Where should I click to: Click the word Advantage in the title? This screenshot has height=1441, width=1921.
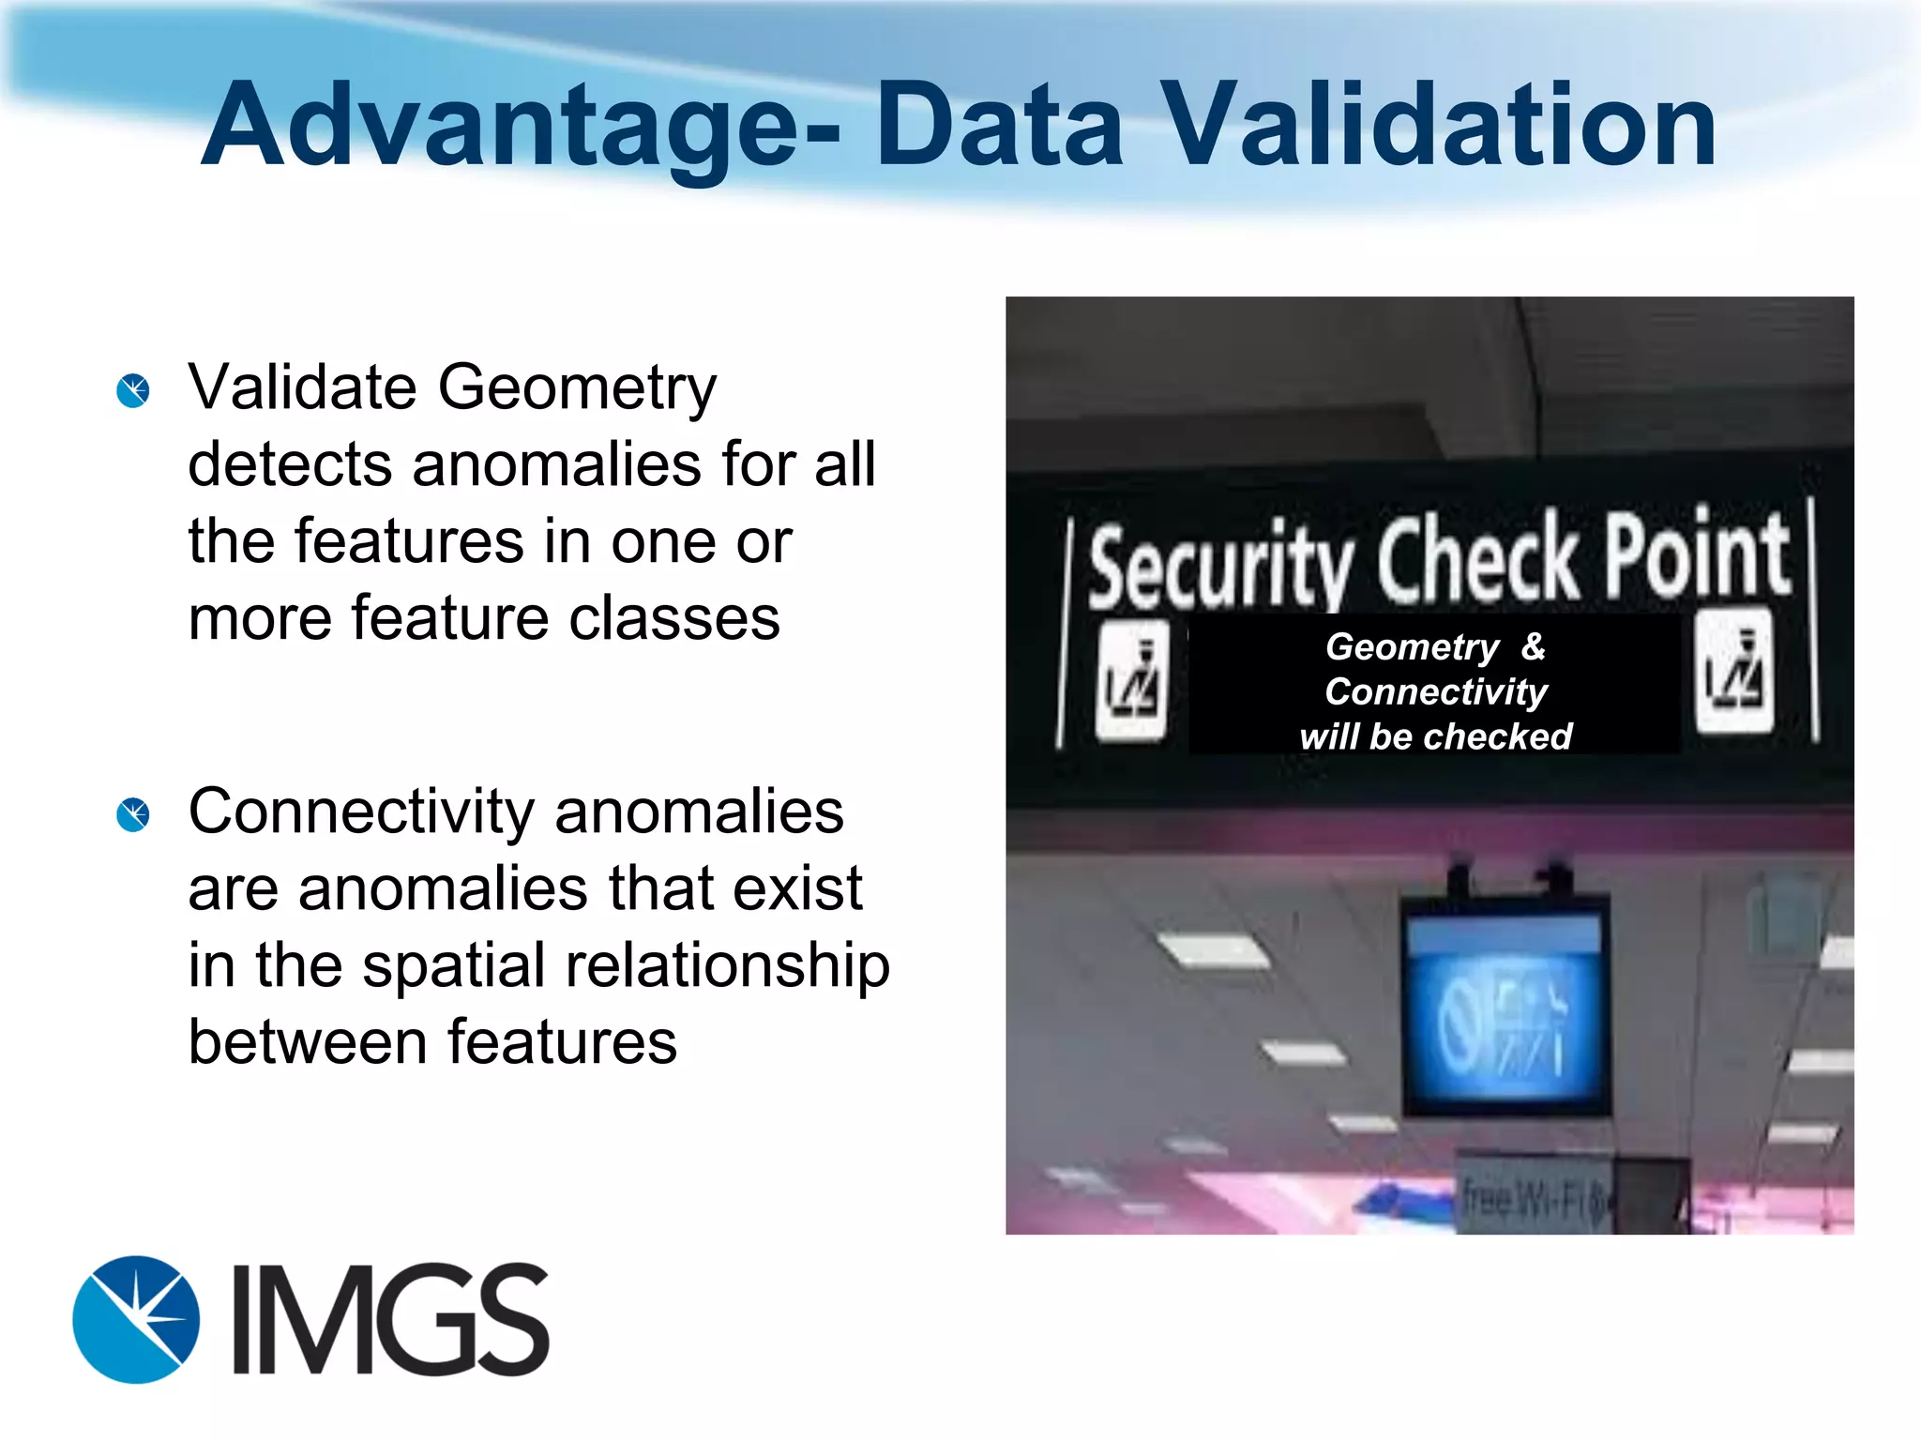[x=502, y=127]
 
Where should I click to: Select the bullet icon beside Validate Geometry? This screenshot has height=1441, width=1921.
[x=133, y=390]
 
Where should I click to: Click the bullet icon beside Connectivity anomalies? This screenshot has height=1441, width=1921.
[x=133, y=814]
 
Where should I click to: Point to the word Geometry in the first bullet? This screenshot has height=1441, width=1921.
[x=577, y=388]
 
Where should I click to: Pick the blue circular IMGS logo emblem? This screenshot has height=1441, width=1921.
[x=136, y=1319]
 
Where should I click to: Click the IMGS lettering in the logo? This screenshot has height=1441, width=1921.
[x=390, y=1319]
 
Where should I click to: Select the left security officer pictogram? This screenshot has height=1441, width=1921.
[x=1133, y=680]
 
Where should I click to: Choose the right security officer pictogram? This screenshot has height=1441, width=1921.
[x=1734, y=672]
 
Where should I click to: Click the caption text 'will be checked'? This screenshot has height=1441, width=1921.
[x=1435, y=737]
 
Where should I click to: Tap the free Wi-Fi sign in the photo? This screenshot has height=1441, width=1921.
[x=1534, y=1198]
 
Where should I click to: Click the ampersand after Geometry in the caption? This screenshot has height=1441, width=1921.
[x=1534, y=646]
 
